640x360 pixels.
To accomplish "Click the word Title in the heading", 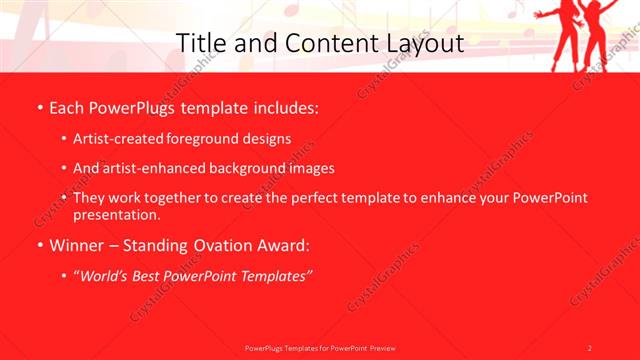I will [x=198, y=44].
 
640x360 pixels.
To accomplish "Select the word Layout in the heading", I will [x=427, y=44].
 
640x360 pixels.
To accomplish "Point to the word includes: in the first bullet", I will [x=281, y=106].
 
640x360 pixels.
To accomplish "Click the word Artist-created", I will [x=116, y=140].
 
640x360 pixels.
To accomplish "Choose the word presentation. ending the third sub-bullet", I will [x=116, y=214].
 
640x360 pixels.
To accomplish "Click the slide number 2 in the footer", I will [x=589, y=348].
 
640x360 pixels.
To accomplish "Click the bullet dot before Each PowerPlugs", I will [x=39, y=106].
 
